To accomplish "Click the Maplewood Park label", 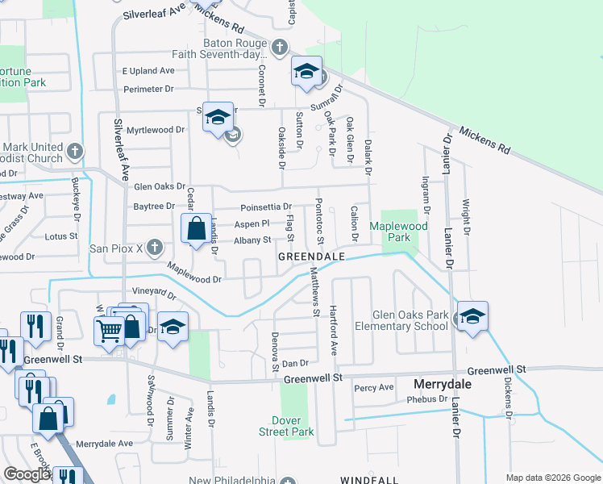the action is coord(398,232).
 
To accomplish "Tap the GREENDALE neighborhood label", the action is coord(311,256).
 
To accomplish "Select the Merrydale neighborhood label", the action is coord(442,384).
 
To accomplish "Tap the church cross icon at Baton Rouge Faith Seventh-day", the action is coord(280,47).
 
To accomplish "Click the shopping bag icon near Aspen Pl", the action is coord(196,228).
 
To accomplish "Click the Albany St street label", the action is coord(252,240).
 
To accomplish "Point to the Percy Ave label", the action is coord(374,388).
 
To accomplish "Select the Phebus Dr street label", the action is coord(427,398).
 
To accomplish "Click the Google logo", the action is coord(27,474).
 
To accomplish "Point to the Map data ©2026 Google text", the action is coord(551,477).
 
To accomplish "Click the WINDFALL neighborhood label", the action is coord(369,480).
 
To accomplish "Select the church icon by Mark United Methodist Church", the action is coord(74,150).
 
